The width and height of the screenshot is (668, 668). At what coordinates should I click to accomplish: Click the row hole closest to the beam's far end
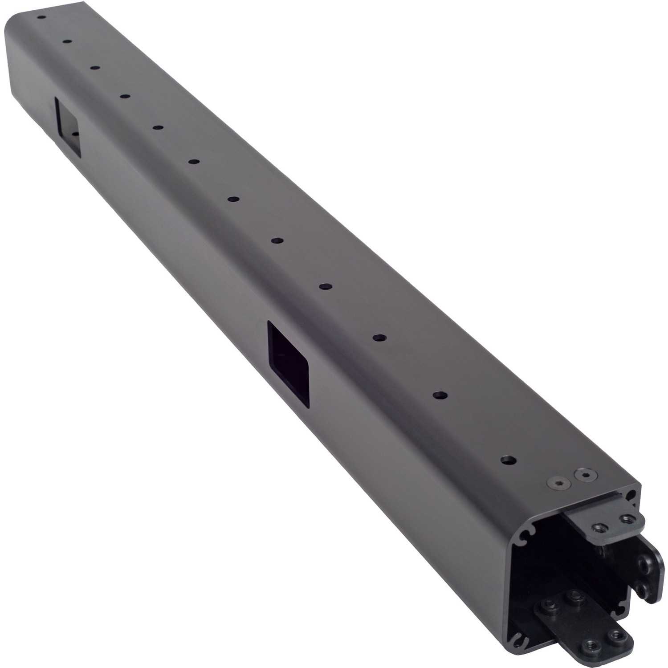[x=41, y=18]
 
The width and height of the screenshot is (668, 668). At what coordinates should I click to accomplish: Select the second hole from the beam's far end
[x=67, y=41]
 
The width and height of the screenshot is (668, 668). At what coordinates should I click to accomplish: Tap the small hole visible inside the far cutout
[x=75, y=133]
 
